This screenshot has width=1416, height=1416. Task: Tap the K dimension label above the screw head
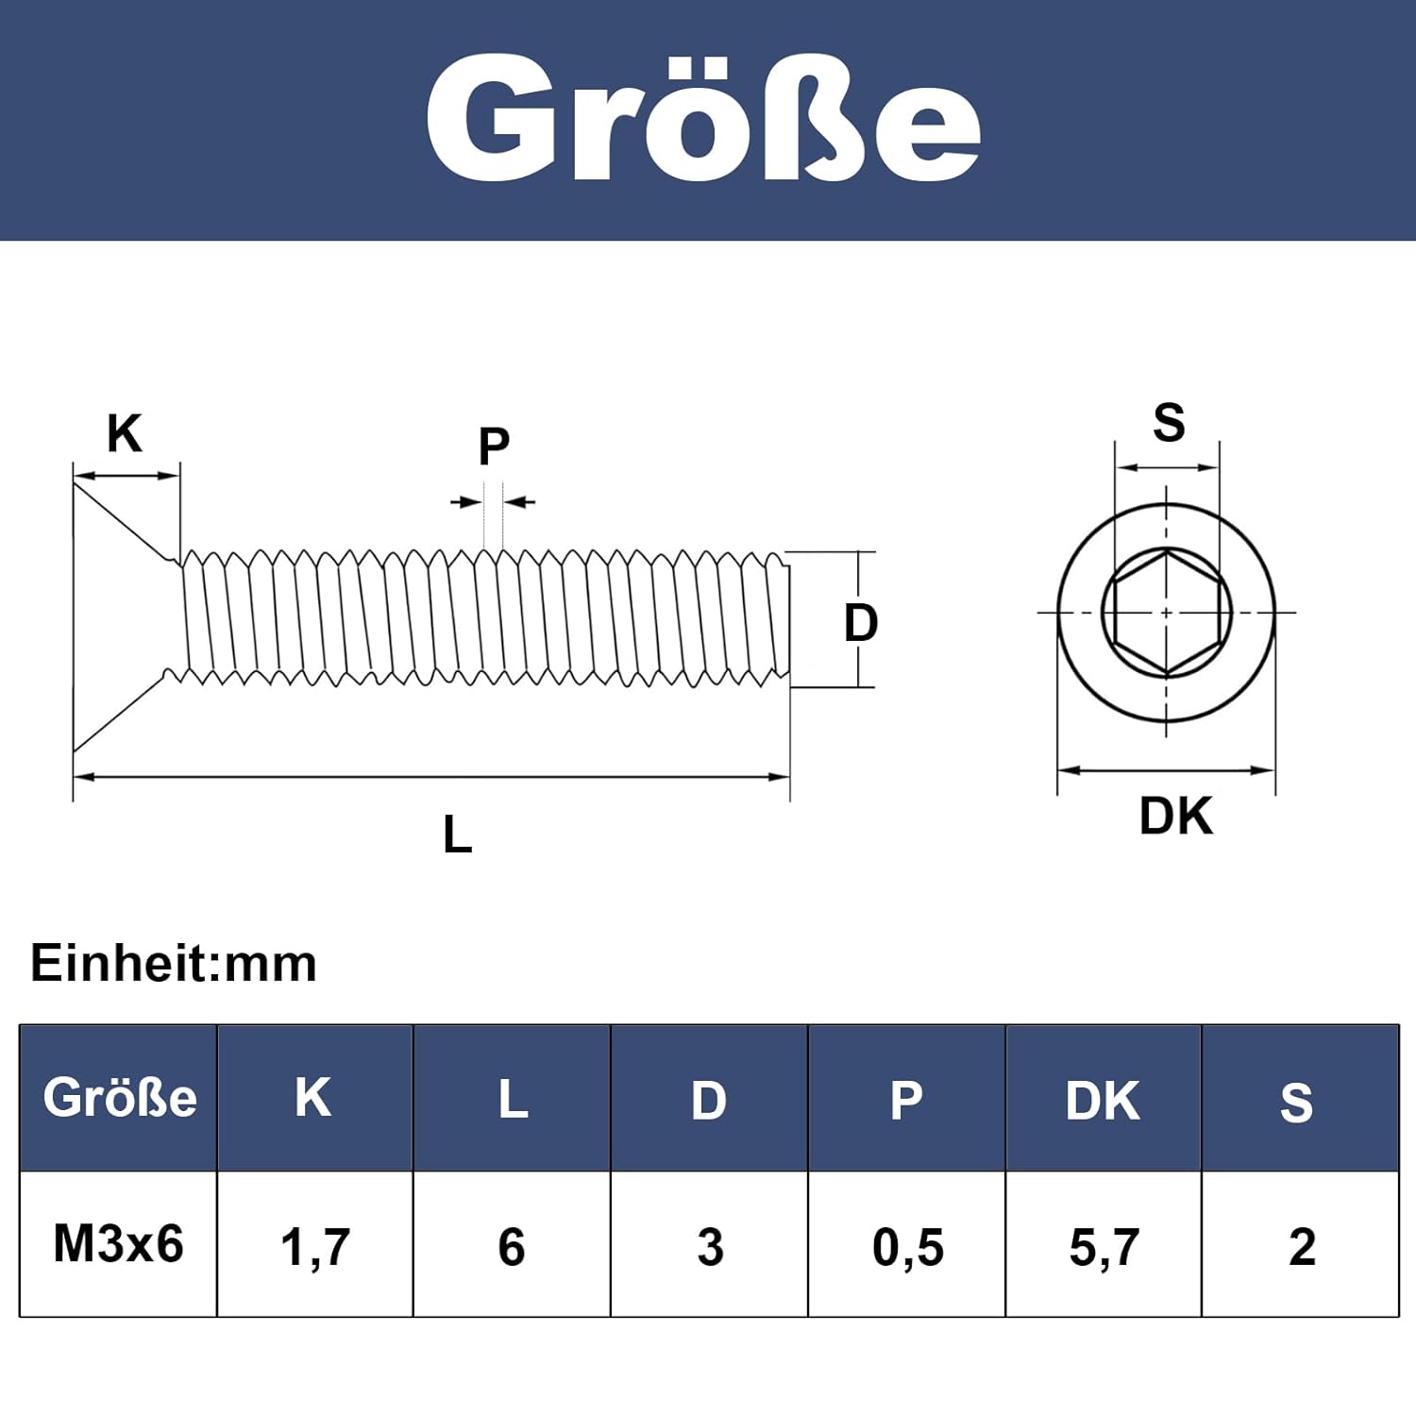[x=125, y=434]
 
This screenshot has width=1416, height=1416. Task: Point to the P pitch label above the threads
[x=494, y=446]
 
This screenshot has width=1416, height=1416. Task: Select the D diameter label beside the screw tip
[x=861, y=623]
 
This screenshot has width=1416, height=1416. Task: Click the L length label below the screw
[x=458, y=834]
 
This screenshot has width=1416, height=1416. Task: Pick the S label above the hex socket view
[x=1169, y=422]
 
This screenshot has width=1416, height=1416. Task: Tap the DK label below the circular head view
[x=1175, y=816]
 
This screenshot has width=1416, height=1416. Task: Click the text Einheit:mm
[x=174, y=964]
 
